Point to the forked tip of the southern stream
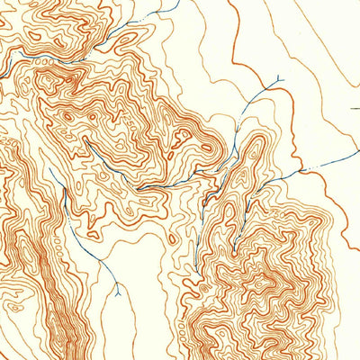(x=117, y=290)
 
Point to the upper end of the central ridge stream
(x=86, y=140)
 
